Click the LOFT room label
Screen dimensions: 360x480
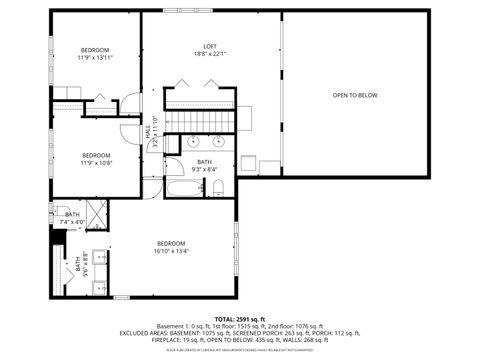point(210,46)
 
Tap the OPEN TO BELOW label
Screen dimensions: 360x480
point(355,95)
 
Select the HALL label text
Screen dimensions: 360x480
point(149,131)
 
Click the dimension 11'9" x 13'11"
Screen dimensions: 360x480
point(96,58)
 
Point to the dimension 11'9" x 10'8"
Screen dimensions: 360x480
point(96,163)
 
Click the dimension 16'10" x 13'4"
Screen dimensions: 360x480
point(171,252)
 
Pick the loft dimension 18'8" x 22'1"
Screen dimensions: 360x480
point(210,54)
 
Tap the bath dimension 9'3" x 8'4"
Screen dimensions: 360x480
point(205,169)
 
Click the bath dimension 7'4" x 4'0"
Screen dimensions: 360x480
point(72,221)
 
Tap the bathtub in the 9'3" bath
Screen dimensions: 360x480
point(183,189)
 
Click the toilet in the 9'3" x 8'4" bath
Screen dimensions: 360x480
point(219,188)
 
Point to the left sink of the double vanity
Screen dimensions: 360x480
point(193,142)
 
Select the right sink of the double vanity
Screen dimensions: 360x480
point(220,142)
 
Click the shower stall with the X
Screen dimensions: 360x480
point(98,212)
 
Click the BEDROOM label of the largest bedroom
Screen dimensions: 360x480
point(171,244)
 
